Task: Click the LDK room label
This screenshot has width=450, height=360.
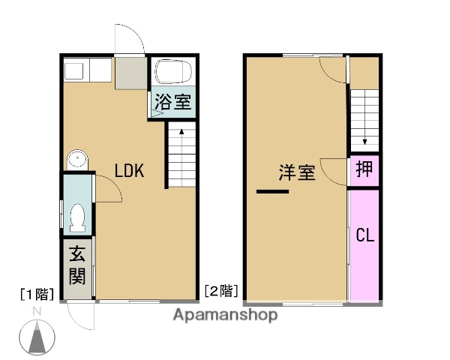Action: coord(129,171)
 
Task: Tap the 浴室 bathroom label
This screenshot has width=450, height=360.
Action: coord(172,103)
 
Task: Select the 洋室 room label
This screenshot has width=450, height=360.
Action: coord(296,172)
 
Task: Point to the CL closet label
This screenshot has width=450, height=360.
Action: coord(364,236)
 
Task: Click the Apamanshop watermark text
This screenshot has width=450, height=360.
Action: coord(225,315)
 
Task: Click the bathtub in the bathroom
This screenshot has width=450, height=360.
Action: coord(172,73)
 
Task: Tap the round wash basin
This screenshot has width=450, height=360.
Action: coord(76,159)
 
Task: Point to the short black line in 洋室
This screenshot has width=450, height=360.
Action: coord(272,192)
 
